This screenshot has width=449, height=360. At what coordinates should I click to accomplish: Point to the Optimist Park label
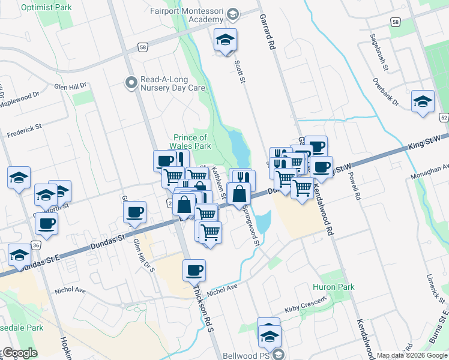(x=46, y=8)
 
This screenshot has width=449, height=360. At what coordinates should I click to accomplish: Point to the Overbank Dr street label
(x=385, y=92)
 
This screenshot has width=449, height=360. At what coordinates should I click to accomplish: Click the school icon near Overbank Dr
(x=423, y=101)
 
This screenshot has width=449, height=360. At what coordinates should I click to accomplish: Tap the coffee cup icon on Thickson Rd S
(x=194, y=271)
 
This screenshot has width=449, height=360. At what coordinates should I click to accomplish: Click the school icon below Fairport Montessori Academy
(x=226, y=40)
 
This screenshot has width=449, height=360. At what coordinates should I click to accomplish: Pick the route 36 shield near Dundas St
(x=37, y=245)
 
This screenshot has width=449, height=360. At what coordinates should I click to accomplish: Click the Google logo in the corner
(x=19, y=353)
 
